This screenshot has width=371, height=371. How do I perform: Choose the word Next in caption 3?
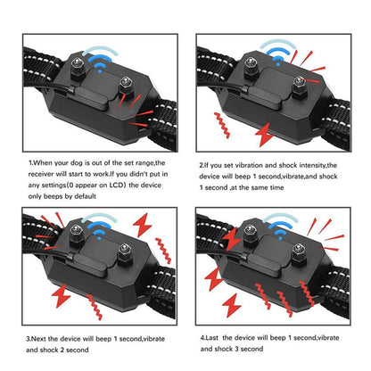click(x=42, y=339)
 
